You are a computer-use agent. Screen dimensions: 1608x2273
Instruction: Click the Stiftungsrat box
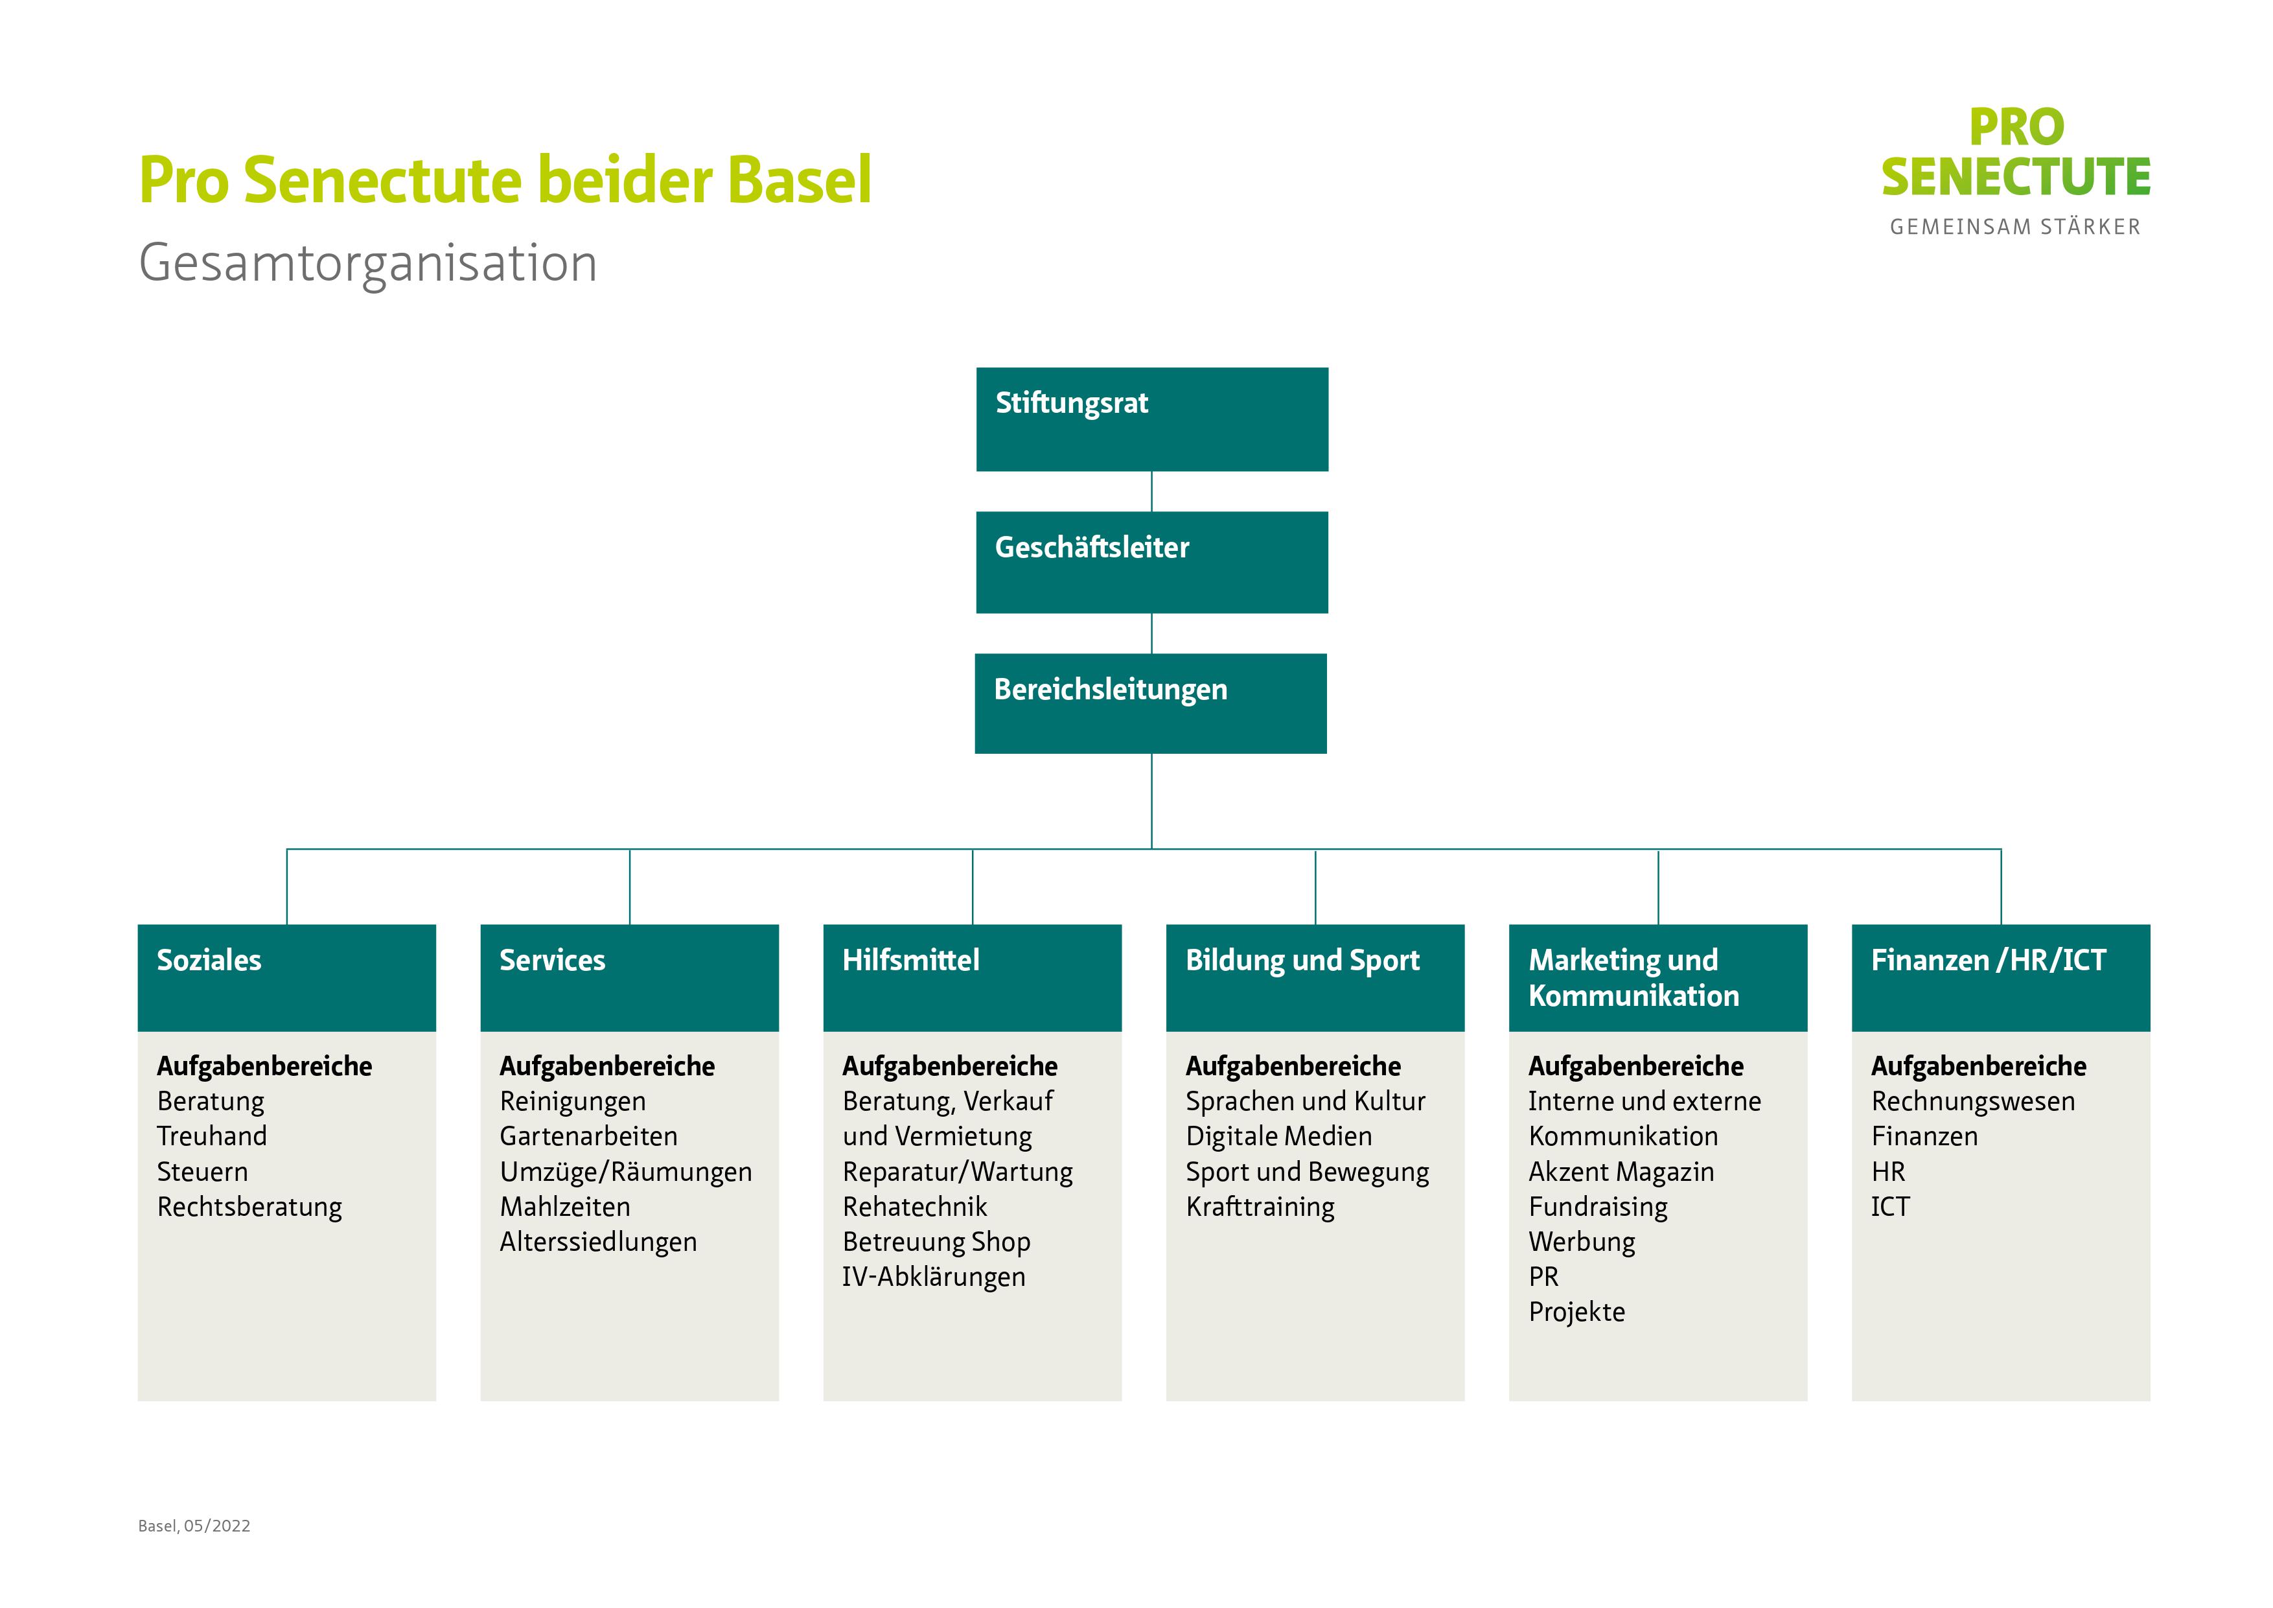point(1151,419)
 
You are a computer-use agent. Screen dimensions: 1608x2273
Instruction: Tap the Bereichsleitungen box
point(1150,703)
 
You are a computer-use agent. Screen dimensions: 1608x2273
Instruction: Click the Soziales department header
point(286,977)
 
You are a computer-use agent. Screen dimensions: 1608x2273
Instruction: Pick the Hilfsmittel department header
point(972,977)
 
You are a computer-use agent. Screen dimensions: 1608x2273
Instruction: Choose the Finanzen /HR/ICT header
point(2000,977)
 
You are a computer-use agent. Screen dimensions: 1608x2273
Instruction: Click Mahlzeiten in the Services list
point(564,1206)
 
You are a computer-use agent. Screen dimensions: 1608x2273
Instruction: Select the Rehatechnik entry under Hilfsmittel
point(915,1206)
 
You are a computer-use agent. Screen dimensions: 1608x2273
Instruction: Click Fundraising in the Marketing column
point(1598,1206)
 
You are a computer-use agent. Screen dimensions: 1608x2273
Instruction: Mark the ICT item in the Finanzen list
point(1890,1206)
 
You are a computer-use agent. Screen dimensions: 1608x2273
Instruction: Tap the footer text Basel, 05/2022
point(194,1526)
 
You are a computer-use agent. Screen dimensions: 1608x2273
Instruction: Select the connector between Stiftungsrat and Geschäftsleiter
point(1151,491)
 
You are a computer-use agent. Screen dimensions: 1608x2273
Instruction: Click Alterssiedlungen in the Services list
point(598,1242)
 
